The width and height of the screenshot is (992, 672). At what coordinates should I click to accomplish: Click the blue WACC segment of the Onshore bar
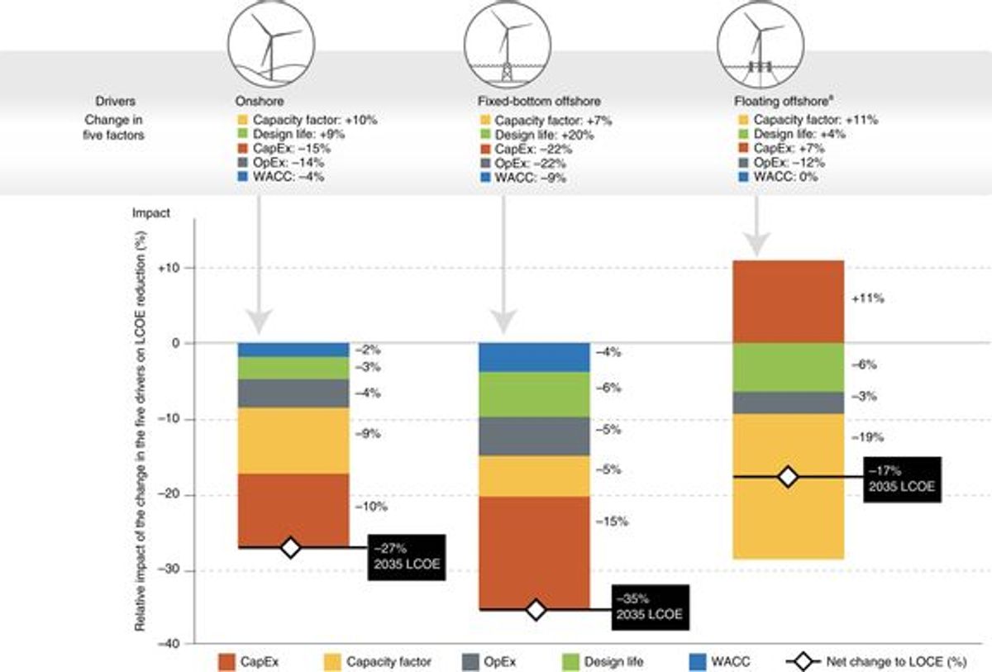[293, 350]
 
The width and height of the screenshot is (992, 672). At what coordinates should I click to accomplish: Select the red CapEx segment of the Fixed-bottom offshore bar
[535, 552]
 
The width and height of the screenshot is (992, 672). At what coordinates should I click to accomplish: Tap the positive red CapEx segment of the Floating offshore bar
[789, 302]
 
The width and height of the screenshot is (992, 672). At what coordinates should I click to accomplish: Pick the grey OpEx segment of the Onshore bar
[293, 393]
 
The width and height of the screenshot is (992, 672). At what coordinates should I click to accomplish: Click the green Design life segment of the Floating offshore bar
[789, 368]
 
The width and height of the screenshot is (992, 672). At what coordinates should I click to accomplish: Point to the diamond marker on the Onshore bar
[290, 548]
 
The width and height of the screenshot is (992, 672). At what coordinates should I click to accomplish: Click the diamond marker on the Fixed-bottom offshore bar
[536, 610]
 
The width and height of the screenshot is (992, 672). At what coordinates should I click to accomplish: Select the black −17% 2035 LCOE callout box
[902, 479]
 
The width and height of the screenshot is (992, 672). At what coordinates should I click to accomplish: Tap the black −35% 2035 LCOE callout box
[651, 607]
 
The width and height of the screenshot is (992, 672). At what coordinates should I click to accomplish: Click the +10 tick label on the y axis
[169, 269]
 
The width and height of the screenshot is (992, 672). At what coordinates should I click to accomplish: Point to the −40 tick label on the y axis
[169, 644]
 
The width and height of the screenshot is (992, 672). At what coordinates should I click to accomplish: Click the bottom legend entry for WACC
[720, 662]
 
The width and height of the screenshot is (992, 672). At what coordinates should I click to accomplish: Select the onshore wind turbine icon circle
[271, 45]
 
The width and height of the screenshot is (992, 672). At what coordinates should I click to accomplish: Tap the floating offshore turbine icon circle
[761, 45]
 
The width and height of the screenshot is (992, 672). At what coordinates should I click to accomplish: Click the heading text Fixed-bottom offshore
[539, 102]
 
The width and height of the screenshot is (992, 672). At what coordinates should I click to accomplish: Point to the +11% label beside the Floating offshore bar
[867, 299]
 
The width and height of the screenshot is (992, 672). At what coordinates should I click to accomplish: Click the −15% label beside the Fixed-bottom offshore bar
[612, 522]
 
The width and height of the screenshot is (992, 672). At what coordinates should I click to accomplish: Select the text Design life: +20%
[544, 135]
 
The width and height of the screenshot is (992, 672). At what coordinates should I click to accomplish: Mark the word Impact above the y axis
[151, 213]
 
